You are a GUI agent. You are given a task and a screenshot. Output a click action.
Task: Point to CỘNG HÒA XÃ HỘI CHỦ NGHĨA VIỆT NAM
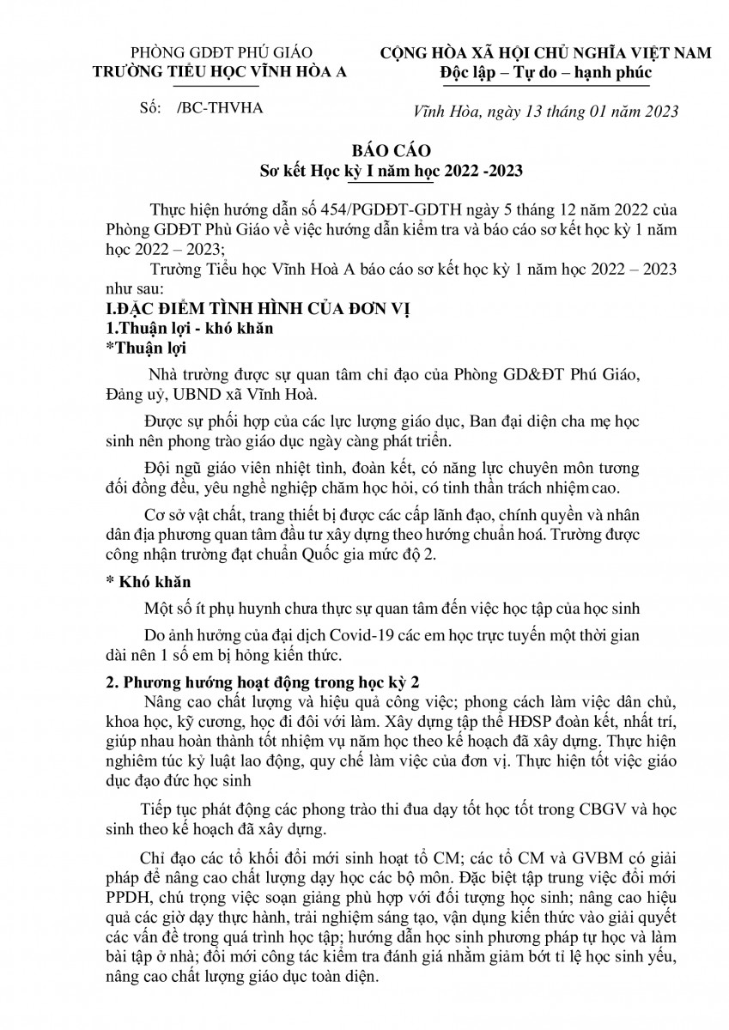(x=546, y=53)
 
